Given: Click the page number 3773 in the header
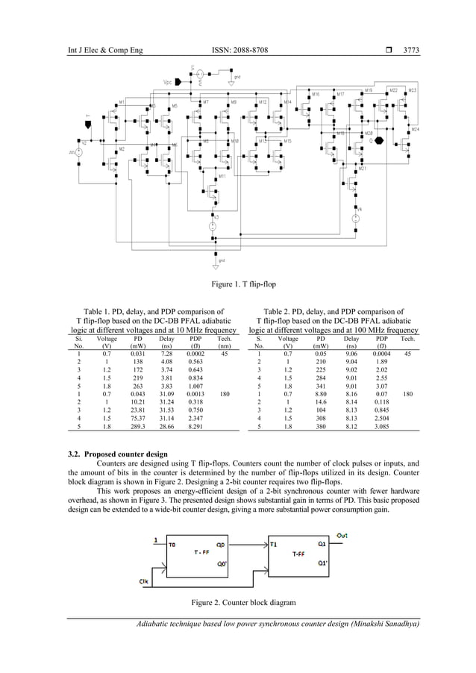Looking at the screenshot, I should (x=411, y=50).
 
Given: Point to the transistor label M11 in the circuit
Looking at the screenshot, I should (x=222, y=177).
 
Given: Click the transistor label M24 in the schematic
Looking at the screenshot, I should (x=415, y=129).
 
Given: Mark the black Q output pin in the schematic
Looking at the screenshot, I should (x=381, y=140).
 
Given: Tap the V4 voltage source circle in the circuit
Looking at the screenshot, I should (x=357, y=218).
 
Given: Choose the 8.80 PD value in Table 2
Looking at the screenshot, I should (x=322, y=392).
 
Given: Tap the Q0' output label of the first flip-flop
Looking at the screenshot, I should (x=221, y=563).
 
